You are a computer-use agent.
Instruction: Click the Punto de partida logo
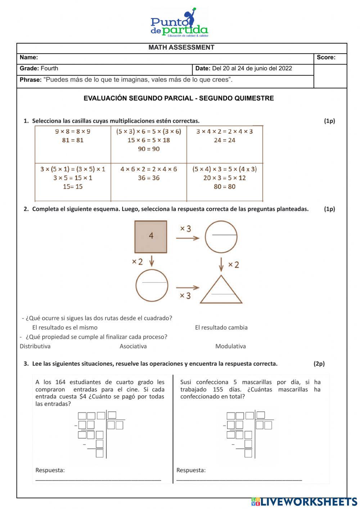click(179, 23)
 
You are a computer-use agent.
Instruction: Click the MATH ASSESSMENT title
click(181, 48)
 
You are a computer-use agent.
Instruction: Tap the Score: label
click(326, 57)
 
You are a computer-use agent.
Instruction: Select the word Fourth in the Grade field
click(49, 68)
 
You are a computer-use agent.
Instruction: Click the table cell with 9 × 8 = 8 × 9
click(73, 144)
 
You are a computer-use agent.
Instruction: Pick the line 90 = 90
click(149, 149)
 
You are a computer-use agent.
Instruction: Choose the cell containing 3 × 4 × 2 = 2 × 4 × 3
click(225, 144)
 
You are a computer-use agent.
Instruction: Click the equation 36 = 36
click(149, 178)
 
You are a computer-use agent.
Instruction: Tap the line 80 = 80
click(225, 187)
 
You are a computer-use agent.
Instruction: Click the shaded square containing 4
click(151, 237)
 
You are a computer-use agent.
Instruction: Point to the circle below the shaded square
click(152, 285)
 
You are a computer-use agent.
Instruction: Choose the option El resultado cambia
click(221, 327)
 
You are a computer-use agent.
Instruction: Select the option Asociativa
click(133, 346)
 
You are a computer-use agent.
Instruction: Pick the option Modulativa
click(230, 346)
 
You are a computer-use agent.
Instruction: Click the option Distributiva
click(35, 346)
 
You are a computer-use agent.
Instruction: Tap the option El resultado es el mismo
click(65, 327)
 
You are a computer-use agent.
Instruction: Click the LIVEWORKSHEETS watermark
click(304, 502)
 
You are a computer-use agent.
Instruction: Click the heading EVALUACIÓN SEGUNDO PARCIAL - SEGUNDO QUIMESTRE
click(179, 98)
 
